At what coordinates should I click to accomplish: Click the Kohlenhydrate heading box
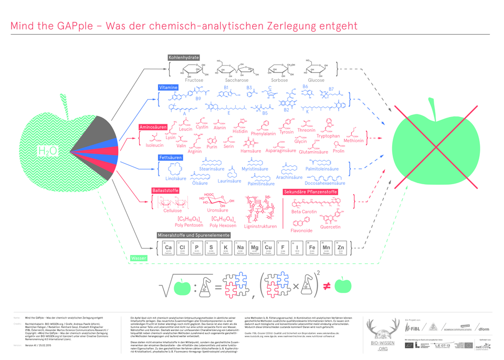(x=183, y=57)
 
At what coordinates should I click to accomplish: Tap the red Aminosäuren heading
(x=153, y=127)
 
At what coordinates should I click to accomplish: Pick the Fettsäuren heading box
(x=170, y=157)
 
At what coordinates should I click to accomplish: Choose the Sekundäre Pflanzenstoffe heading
(x=310, y=192)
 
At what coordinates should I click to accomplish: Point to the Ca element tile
(x=169, y=248)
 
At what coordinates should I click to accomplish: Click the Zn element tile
(x=341, y=248)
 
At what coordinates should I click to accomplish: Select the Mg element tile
(x=255, y=248)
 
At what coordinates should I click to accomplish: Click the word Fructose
(x=193, y=80)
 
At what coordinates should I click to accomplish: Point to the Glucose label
(x=316, y=80)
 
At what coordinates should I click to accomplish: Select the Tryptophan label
(x=328, y=136)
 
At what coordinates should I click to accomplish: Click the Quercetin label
(x=330, y=227)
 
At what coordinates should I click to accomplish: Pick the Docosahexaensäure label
(x=325, y=183)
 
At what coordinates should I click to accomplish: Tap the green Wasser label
(x=138, y=258)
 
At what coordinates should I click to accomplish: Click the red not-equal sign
(x=325, y=285)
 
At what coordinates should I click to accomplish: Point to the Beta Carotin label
(x=304, y=211)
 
